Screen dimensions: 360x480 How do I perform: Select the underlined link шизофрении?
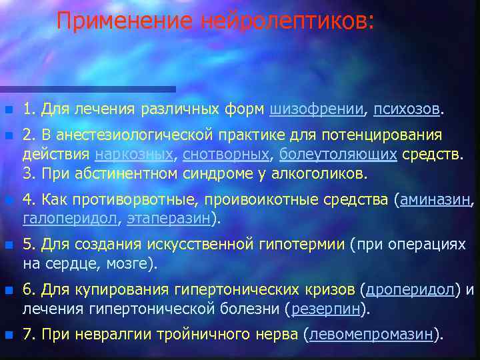coord(317,108)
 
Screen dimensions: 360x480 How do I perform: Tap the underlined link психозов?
coord(406,108)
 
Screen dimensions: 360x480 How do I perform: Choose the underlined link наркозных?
coord(134,155)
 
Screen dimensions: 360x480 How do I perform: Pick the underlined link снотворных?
coord(225,155)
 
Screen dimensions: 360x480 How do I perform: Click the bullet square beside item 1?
coord(8,109)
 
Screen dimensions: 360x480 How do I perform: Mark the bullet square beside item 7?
coord(8,335)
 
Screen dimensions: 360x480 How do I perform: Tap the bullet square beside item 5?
coord(8,245)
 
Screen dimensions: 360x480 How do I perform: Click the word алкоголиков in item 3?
coord(320,174)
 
